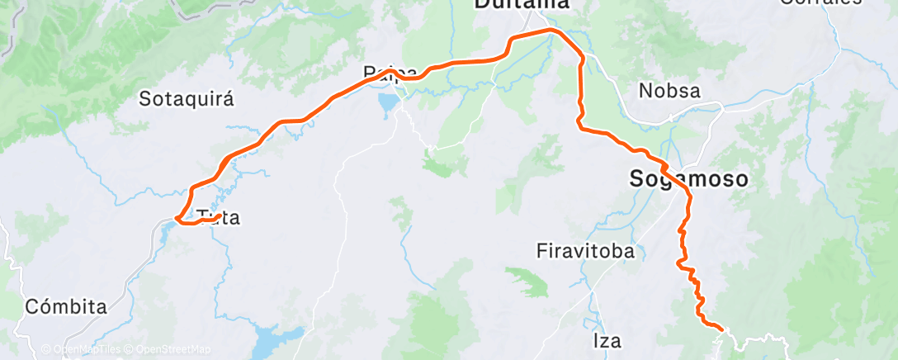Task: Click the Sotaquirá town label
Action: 187,100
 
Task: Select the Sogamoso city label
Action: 688,178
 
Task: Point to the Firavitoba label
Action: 585,251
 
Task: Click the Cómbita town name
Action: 66,307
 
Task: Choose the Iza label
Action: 607,339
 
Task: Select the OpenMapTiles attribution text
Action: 83,349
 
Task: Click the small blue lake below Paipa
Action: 386,103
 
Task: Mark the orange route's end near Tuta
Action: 219,216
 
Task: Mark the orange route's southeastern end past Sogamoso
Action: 721,329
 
